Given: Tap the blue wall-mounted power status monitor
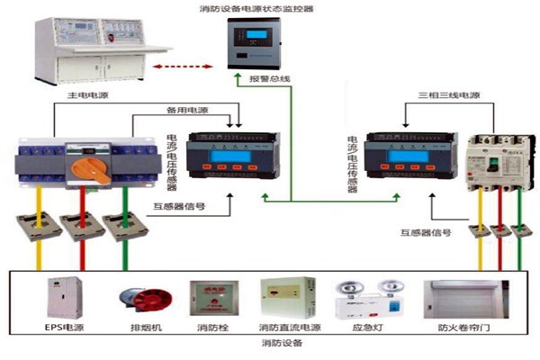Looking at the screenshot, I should pyautogui.click(x=259, y=43).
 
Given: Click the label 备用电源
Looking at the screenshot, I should pyautogui.click(x=186, y=111).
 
